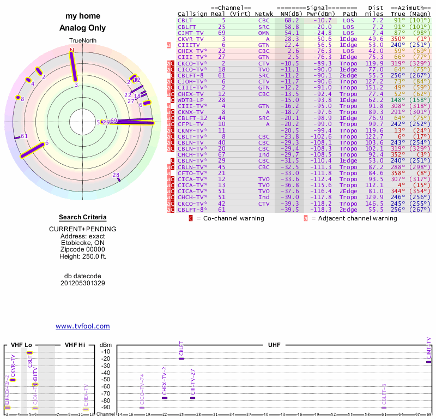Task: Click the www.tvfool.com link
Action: click(x=83, y=326)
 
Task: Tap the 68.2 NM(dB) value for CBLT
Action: click(x=291, y=20)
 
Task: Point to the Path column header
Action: click(x=349, y=14)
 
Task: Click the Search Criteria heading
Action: click(x=83, y=217)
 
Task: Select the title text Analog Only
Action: click(x=83, y=28)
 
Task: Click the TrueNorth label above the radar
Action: click(x=82, y=41)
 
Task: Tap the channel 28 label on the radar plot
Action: click(x=116, y=175)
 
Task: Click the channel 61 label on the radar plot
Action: click(x=24, y=136)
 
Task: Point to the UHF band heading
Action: click(x=274, y=345)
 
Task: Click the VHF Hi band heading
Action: click(x=75, y=345)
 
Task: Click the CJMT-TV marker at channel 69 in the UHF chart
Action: click(x=428, y=362)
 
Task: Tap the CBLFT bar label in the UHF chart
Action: click(x=181, y=349)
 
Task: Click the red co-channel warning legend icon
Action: click(x=191, y=218)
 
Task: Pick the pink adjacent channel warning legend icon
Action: click(x=306, y=218)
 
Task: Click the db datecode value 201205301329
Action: click(x=83, y=283)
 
